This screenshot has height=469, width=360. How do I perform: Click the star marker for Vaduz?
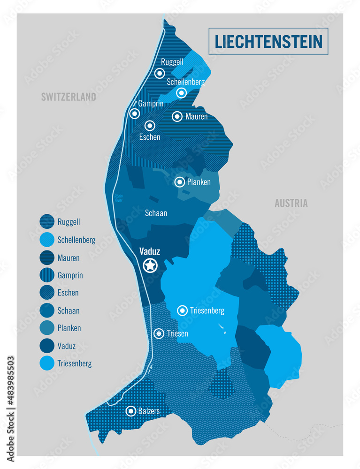tap(150, 266)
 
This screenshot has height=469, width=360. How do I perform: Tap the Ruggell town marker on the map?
tap(160, 73)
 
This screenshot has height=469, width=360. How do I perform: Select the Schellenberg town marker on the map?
tap(181, 93)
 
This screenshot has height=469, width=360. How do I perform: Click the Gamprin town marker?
tap(135, 113)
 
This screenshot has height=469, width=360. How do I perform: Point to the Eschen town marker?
tap(150, 126)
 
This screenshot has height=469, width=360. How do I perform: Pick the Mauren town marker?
tap(177, 116)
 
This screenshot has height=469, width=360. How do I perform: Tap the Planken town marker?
tap(180, 182)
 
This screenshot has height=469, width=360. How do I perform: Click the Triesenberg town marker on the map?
tap(183, 310)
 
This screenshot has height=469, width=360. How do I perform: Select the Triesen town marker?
tap(160, 333)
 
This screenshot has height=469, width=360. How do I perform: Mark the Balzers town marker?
tap(131, 411)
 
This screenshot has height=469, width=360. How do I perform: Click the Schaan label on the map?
tap(156, 213)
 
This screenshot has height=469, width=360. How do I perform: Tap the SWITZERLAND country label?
tap(69, 97)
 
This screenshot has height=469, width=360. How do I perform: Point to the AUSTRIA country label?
tap(291, 204)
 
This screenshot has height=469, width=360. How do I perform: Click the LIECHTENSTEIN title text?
tap(268, 41)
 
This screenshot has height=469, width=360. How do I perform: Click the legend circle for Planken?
tap(47, 328)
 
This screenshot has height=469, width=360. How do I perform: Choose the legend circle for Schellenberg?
tap(47, 240)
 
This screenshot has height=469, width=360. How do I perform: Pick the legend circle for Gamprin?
tap(47, 275)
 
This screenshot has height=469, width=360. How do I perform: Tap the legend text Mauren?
tap(69, 258)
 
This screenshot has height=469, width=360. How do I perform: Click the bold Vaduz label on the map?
tap(150, 251)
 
